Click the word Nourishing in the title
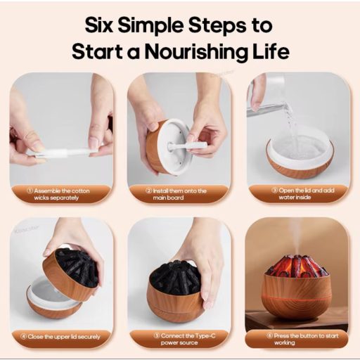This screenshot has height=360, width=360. (x=196, y=52)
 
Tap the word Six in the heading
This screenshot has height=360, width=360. (x=99, y=25)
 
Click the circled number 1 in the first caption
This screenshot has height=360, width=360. (x=30, y=191)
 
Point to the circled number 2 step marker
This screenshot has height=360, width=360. (x=149, y=191)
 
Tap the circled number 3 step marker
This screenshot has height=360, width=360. (x=275, y=191)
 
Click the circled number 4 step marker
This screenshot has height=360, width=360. (x=23, y=337)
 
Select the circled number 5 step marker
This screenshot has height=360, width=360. (x=157, y=336)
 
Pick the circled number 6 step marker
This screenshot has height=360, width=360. (x=270, y=336)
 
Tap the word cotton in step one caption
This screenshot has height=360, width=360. (x=80, y=191)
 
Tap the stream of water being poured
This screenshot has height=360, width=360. (x=290, y=127)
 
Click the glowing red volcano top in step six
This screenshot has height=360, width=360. (x=297, y=266)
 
